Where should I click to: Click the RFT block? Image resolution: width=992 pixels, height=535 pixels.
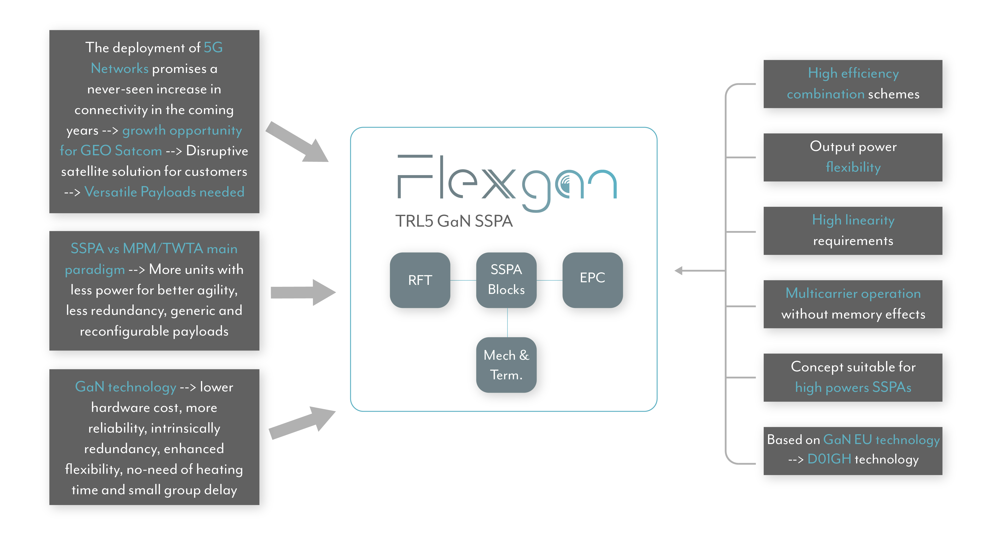pos(420,280)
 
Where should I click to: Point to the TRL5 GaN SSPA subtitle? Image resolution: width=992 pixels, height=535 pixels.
pos(454,221)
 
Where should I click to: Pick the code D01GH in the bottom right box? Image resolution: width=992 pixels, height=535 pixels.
pos(829,459)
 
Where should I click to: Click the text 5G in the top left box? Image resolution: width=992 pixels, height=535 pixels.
pos(213,48)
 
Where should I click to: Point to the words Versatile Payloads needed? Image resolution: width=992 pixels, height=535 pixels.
pos(164,192)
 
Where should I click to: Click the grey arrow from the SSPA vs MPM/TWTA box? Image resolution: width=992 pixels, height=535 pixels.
pos(303,292)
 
